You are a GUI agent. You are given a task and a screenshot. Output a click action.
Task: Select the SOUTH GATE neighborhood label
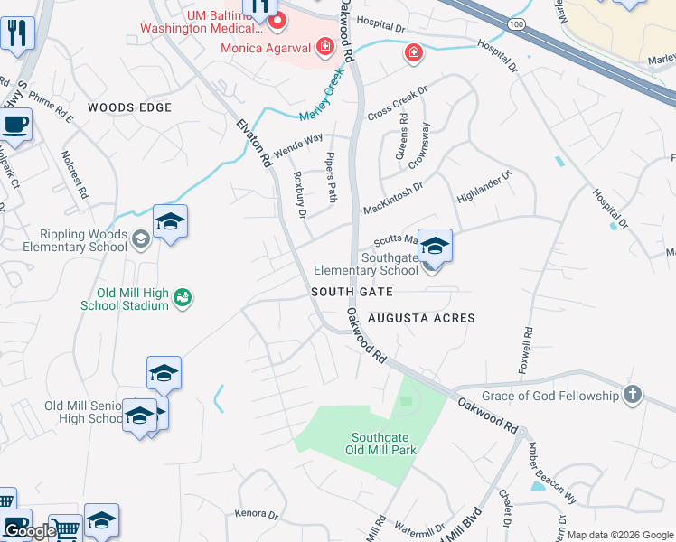[x=352, y=292]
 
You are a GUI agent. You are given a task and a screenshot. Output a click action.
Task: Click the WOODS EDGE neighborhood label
[x=129, y=107]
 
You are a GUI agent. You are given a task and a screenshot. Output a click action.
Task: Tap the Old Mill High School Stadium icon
[x=182, y=296]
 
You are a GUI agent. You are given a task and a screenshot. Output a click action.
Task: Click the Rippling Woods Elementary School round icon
[x=140, y=239]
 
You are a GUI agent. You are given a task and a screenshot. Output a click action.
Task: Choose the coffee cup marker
[x=15, y=124]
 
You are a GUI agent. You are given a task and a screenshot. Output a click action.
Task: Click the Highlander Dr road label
[x=484, y=185]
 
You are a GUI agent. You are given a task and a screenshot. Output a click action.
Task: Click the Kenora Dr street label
[x=256, y=514]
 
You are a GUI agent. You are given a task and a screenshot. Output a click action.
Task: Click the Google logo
[x=30, y=531]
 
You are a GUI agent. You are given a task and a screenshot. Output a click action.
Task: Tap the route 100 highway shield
[x=515, y=23]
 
